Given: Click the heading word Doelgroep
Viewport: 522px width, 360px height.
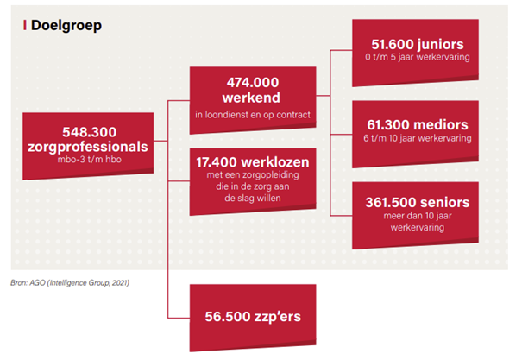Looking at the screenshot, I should coord(66,25).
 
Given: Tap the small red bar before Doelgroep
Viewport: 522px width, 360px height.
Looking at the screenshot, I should coord(23,25).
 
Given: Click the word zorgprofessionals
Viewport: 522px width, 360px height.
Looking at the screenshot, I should coord(93,147).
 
